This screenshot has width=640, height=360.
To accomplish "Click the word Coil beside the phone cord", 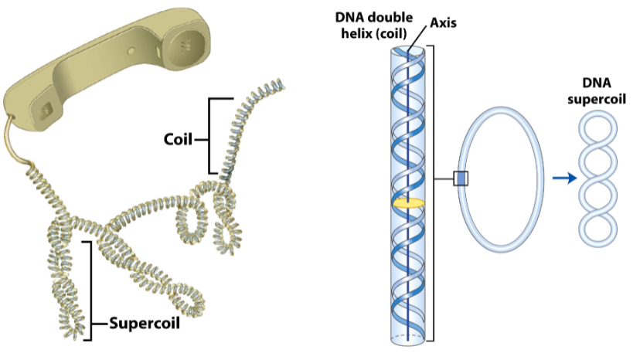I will click(x=178, y=140).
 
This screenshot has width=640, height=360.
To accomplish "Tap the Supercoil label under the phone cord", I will click(x=145, y=323).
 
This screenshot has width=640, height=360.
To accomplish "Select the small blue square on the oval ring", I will click(x=461, y=179).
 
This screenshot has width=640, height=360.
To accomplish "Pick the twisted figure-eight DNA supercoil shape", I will click(x=598, y=178).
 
